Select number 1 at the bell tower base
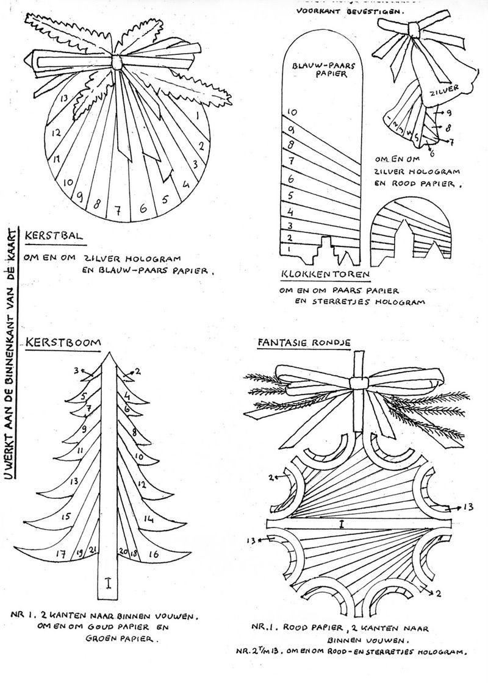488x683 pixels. (x=289, y=249)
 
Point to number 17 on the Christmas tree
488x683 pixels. (x=61, y=554)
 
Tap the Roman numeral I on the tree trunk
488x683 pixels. (x=108, y=584)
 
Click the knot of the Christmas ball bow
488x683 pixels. (x=117, y=62)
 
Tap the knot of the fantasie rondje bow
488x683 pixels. (x=358, y=383)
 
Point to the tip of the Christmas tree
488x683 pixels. (x=108, y=354)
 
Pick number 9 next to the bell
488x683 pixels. (x=448, y=113)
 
